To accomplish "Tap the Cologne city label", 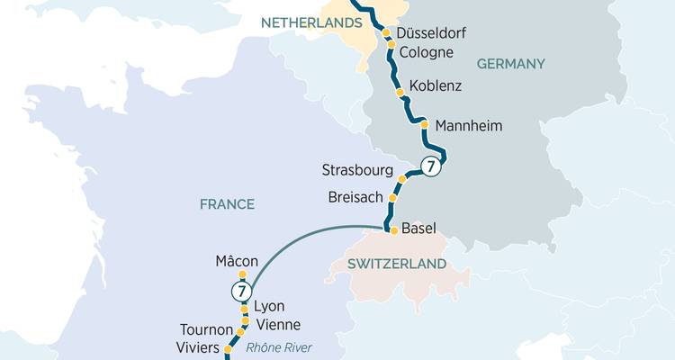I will pos(426,52).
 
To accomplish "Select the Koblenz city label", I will pos(436,86).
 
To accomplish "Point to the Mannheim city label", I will pos(468,125).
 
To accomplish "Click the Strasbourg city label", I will pos(357,170).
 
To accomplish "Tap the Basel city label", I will pos(419,229).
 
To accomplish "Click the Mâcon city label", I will pos(237,262).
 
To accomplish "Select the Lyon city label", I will pos(269,306).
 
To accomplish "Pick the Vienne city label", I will pos(278,325).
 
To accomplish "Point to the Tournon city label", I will pos(207,330).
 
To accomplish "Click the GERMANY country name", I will pos(511,64).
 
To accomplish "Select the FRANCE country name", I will pos(227,204).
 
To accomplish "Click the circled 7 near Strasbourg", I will pos(431,166).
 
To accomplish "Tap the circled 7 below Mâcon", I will pos(240,291).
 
